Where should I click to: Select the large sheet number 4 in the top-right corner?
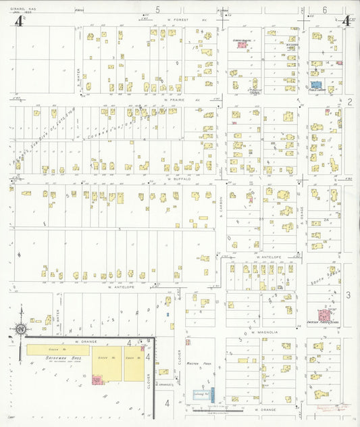pos(346,20)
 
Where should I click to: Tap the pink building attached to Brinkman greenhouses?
pos(96,380)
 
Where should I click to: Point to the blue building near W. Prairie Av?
pos(315,86)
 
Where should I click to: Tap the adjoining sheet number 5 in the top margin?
pos(158,9)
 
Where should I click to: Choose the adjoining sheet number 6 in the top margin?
pos(324,9)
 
